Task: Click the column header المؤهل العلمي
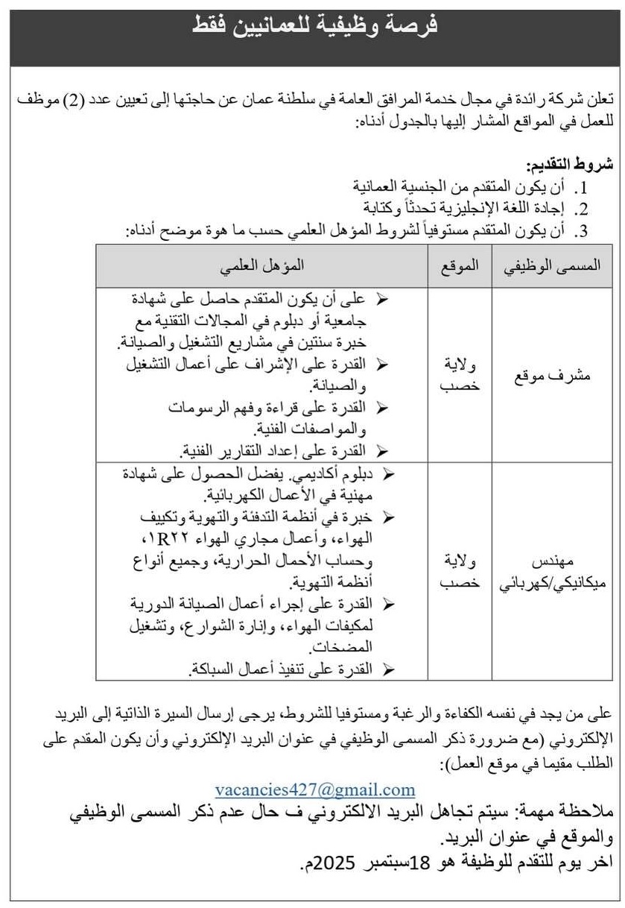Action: point(261,266)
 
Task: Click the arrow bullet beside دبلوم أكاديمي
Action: point(388,474)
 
